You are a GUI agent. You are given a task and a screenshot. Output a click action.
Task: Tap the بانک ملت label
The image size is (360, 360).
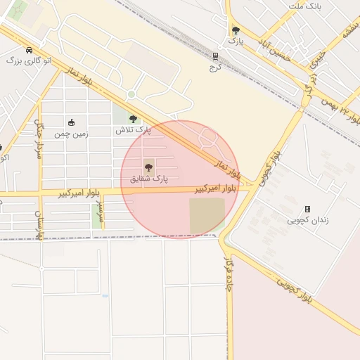coord(304,6)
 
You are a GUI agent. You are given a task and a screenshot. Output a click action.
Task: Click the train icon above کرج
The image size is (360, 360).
coord(215,57)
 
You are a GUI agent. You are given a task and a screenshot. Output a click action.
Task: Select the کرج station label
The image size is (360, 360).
coord(215,68)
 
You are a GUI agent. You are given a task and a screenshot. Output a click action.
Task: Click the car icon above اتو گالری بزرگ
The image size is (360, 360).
coord(28,51)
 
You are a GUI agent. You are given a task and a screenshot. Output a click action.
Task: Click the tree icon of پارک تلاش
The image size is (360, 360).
coord(133,120)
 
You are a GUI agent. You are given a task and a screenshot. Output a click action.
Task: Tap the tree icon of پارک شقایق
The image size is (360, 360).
coord(148,167)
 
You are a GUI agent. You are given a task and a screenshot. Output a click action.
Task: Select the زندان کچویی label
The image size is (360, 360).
coord(307,221)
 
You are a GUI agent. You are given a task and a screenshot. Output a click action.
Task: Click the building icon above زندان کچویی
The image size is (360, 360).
coord(307,209)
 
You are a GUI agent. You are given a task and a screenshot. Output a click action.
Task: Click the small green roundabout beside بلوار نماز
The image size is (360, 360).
coord(131,94)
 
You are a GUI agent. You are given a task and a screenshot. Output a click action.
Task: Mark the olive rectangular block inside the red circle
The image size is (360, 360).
coord(207,215)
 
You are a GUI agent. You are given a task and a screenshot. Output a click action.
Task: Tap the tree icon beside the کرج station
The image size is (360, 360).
coord(236,30)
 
